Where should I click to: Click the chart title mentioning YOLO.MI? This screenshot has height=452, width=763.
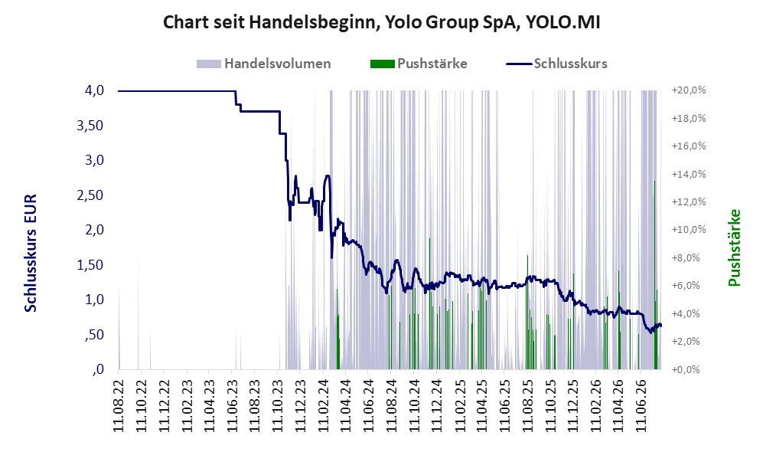(x=381, y=22)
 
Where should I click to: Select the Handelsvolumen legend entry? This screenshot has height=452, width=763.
(x=264, y=64)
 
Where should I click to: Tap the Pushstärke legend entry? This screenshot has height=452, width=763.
(x=419, y=64)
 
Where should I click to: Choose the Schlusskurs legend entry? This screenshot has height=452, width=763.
(x=556, y=64)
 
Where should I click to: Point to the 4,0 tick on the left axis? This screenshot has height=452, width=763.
(x=94, y=90)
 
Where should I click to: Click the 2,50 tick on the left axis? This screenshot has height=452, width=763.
(x=90, y=195)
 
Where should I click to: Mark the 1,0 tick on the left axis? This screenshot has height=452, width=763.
(x=94, y=300)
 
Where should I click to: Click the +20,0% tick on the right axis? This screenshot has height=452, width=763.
(x=689, y=90)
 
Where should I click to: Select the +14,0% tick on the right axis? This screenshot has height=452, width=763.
(x=689, y=175)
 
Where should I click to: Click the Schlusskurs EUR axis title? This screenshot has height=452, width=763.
(x=30, y=254)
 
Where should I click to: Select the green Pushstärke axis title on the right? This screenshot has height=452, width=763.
(x=734, y=248)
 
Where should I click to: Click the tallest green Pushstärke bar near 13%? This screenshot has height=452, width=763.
(x=654, y=275)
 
